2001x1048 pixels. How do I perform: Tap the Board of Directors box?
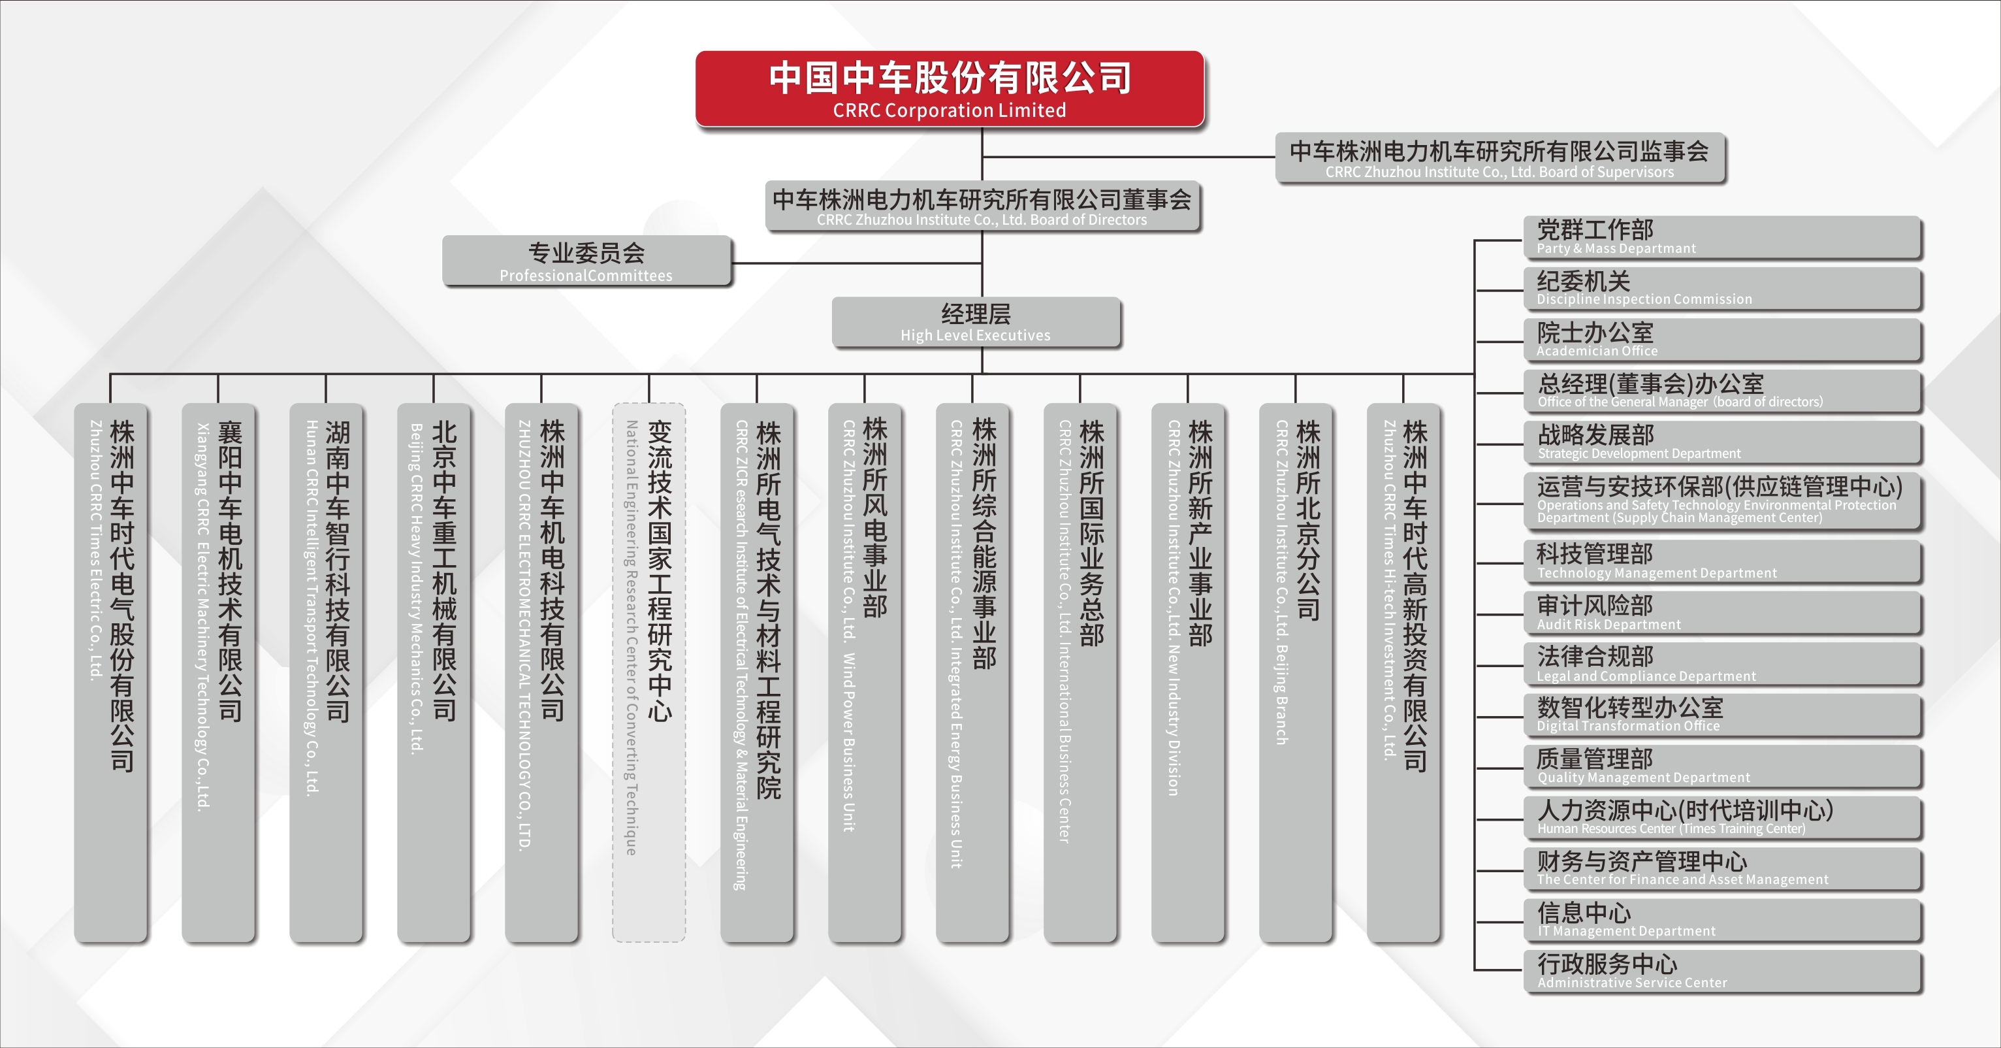pos(982,206)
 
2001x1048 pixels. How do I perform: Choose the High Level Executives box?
pos(976,321)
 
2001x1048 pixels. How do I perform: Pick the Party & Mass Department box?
pos(1722,237)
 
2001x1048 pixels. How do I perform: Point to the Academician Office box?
pos(1722,340)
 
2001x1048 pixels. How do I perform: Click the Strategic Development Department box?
pos(1722,442)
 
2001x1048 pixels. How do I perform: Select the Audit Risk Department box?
pos(1722,613)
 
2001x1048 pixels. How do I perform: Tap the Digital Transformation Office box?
pos(1722,715)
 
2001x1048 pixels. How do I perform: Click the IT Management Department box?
pos(1722,920)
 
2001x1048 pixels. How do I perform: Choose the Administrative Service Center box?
pos(1722,971)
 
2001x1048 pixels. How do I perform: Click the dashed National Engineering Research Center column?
pos(648,673)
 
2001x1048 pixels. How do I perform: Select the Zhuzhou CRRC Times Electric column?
pos(110,673)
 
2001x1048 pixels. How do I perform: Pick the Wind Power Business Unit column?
pos(865,673)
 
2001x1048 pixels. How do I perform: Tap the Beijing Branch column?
pos(1296,673)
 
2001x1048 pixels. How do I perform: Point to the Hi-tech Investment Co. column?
pos(1403,673)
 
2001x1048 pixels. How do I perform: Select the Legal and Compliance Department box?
pos(1722,664)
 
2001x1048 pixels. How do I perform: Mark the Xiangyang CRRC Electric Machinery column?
pos(218,673)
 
